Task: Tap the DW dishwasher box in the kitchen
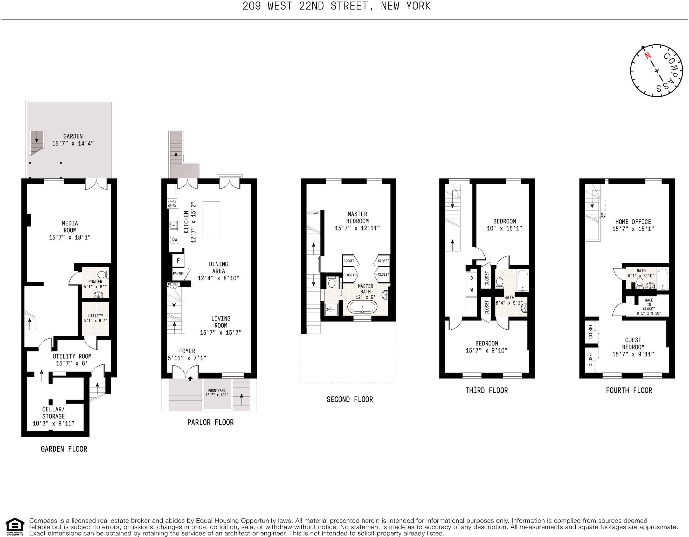[175, 240]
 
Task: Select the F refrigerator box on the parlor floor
[178, 261]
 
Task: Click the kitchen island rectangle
[211, 220]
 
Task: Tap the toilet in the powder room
[102, 275]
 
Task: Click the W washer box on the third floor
[472, 290]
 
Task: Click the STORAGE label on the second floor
[313, 213]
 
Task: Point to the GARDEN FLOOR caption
[64, 449]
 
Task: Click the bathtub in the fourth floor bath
[663, 279]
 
